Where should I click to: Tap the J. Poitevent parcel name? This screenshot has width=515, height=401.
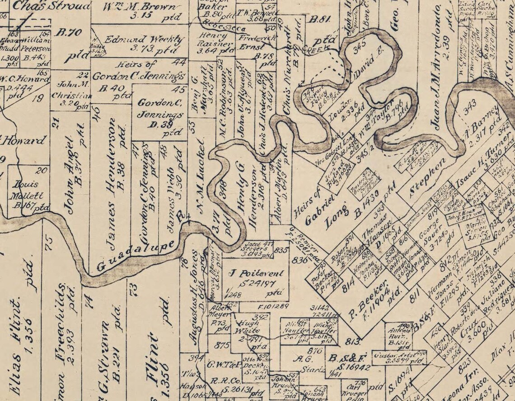[x=257, y=273]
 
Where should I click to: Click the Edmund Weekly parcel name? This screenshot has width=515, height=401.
[x=144, y=39]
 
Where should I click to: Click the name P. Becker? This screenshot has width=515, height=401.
[x=367, y=300]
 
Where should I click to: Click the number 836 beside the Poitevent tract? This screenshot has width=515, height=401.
[x=299, y=259]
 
